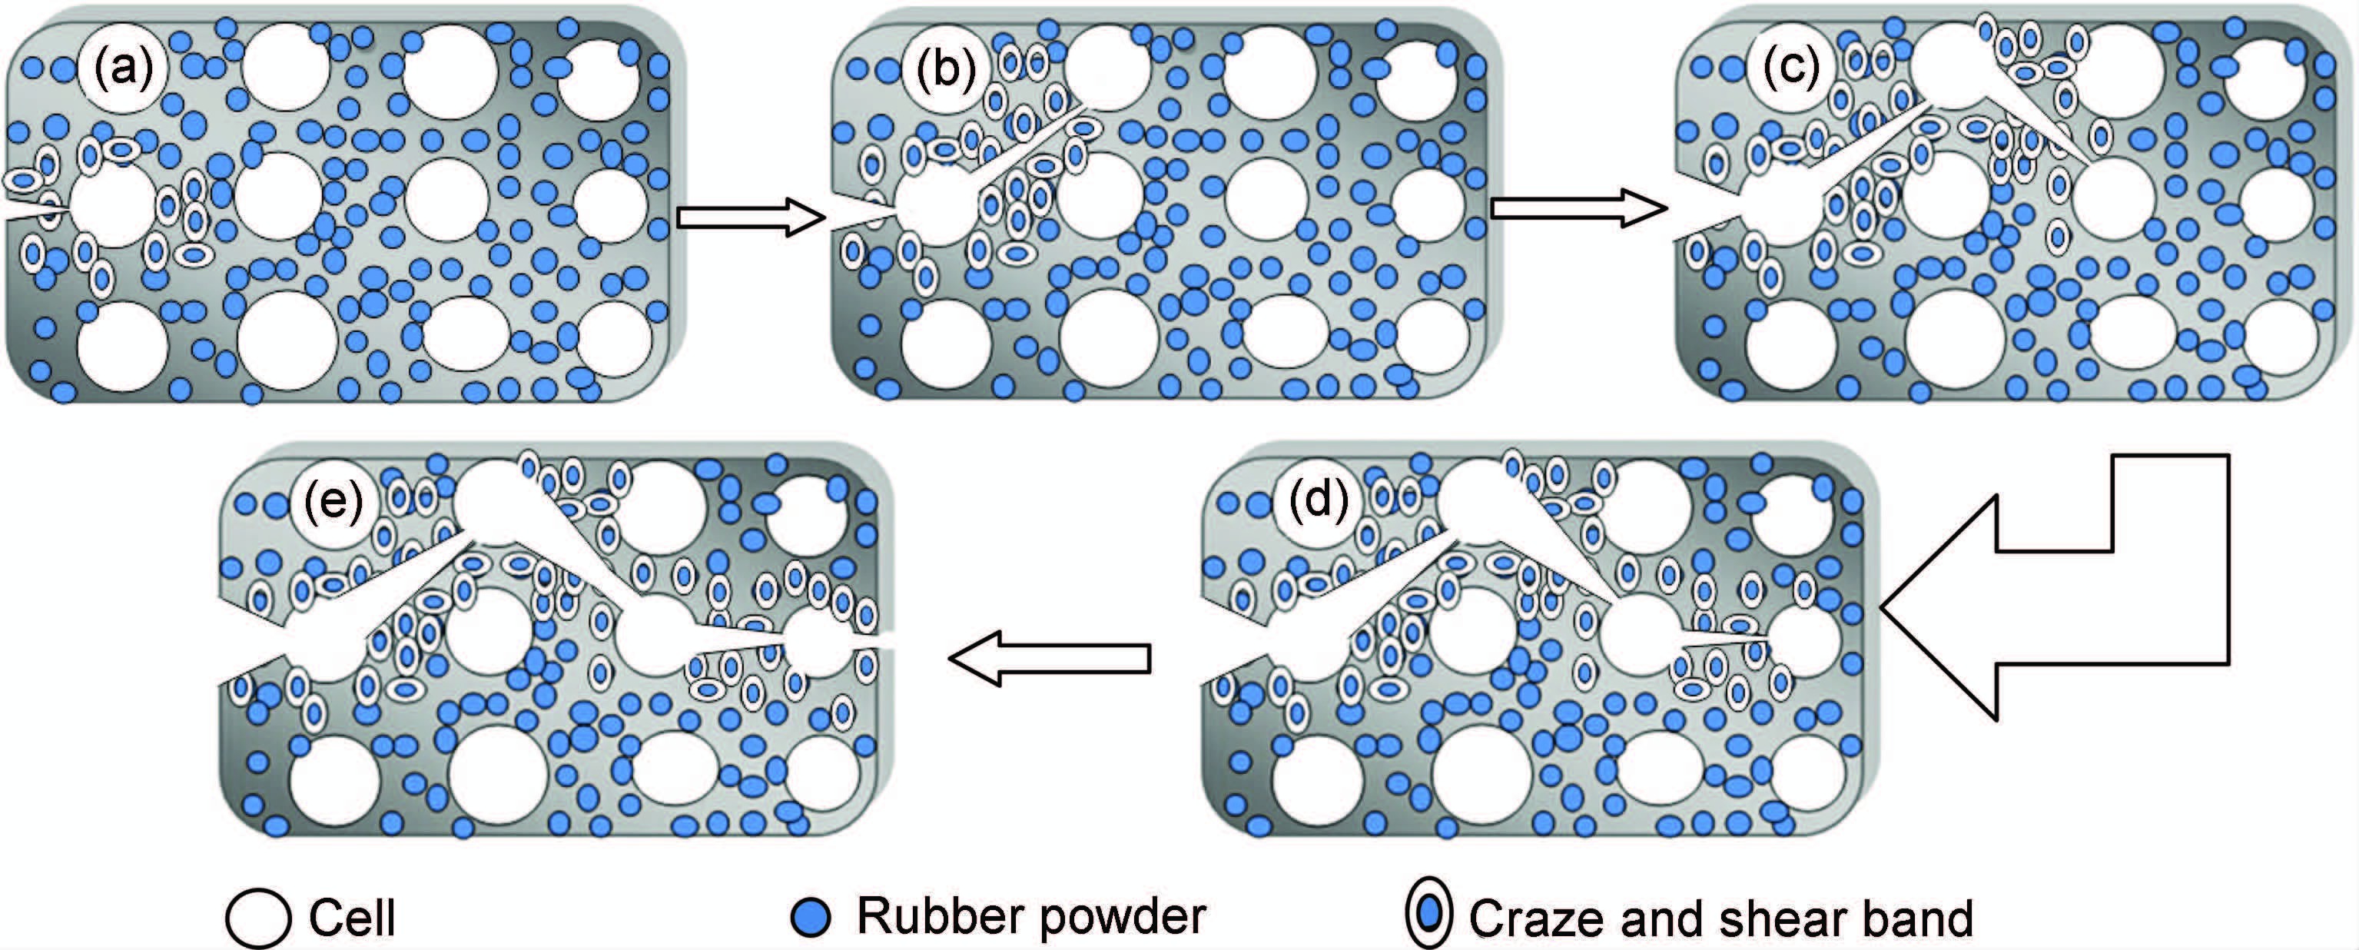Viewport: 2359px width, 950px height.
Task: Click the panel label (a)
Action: point(124,68)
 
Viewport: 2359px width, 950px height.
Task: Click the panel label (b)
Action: point(946,71)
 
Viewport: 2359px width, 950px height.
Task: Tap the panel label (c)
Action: point(1791,68)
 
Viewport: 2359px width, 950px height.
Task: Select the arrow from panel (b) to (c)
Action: point(1578,209)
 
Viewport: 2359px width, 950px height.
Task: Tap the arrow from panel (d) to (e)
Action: point(1050,658)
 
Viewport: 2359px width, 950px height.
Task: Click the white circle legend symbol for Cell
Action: point(258,918)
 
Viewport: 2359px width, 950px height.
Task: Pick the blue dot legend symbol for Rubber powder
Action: point(811,918)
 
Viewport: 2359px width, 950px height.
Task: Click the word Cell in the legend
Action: point(352,918)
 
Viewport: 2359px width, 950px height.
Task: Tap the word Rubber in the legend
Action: point(931,916)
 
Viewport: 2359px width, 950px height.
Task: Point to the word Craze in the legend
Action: point(1538,918)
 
